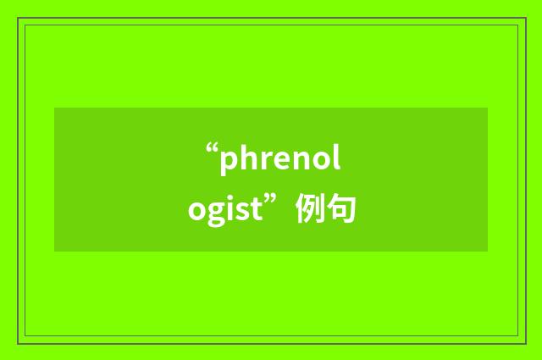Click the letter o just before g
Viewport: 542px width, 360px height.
197,209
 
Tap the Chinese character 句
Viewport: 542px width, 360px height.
340,208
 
